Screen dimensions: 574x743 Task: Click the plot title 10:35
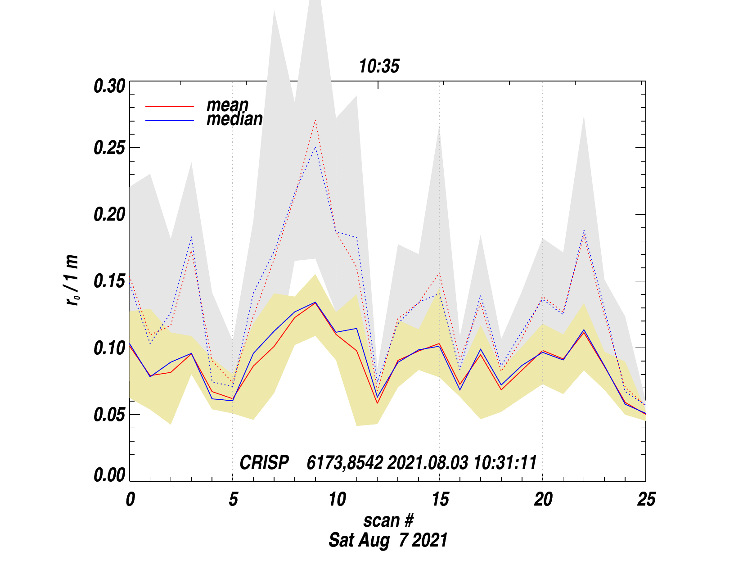coord(379,67)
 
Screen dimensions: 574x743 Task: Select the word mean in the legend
coord(227,105)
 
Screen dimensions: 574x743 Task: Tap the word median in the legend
coord(234,119)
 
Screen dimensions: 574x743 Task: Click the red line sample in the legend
coord(170,107)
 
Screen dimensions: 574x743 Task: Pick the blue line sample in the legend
coord(170,121)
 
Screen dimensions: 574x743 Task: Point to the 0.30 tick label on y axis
coord(109,86)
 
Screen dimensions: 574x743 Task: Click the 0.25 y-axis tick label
coord(109,149)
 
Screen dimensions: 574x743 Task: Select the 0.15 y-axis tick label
coord(109,282)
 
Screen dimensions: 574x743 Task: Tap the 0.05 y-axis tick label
coord(109,415)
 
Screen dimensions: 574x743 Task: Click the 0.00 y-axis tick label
coord(109,475)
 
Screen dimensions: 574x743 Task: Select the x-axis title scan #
coord(388,520)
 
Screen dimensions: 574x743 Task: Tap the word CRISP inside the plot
coord(264,463)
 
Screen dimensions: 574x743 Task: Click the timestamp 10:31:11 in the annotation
coord(505,463)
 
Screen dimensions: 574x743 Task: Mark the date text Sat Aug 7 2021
coord(388,540)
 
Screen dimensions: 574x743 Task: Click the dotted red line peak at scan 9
coord(315,120)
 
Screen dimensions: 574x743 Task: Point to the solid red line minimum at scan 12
coord(378,403)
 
